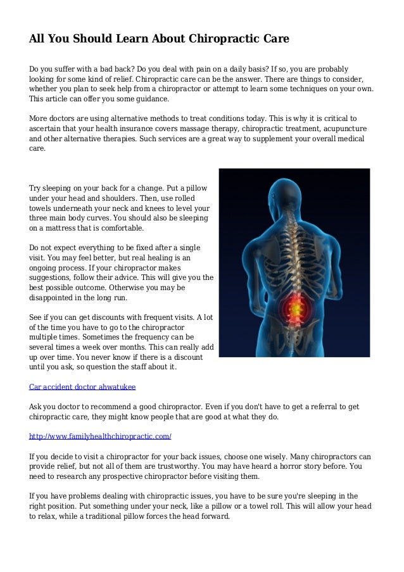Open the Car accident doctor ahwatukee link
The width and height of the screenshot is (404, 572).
(x=82, y=386)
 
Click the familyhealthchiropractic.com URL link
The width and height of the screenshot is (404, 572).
(x=101, y=437)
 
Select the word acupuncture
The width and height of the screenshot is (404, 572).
(x=344, y=129)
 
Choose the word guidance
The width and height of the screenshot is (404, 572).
(x=150, y=99)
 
